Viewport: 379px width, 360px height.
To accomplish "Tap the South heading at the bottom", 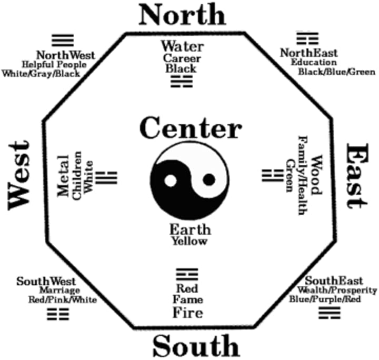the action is [196, 346].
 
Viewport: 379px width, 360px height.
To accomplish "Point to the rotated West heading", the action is [19, 176].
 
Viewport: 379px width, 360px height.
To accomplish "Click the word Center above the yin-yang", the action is [190, 128].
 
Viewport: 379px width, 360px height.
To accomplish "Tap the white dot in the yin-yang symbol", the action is [170, 181].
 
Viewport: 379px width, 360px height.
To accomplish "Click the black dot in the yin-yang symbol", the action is [209, 180].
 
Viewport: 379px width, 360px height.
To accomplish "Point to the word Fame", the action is [187, 300].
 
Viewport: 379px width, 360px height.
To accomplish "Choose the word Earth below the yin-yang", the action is [190, 230].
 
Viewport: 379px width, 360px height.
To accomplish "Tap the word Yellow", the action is [189, 241].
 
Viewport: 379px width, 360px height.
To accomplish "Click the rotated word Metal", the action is [64, 176].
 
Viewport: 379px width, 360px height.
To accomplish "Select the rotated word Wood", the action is [315, 176].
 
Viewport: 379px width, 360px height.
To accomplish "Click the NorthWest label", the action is [65, 55].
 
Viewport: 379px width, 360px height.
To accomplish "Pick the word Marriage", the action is [59, 290].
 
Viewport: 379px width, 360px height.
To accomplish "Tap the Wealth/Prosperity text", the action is [337, 290].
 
